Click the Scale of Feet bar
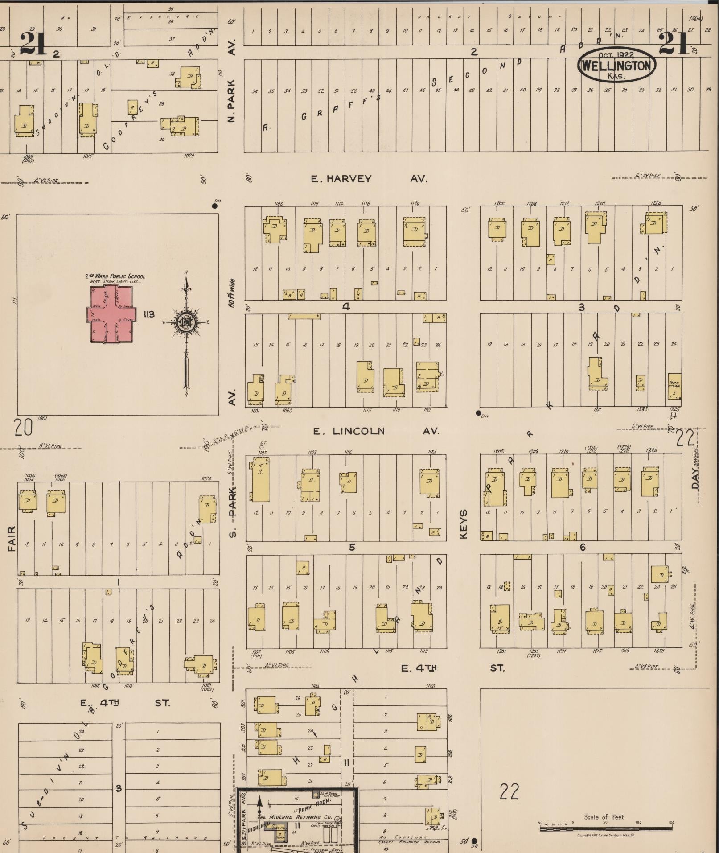pos(606,828)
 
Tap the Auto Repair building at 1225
pos(674,386)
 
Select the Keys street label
pos(464,523)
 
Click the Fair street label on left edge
pos(12,539)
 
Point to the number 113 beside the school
pos(149,314)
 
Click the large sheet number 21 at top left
pos(33,44)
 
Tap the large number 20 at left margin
pos(23,428)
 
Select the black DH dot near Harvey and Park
pos(215,206)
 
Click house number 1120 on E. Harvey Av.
pos(414,203)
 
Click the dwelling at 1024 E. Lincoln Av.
pos(208,509)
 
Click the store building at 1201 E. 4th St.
pos(501,617)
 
